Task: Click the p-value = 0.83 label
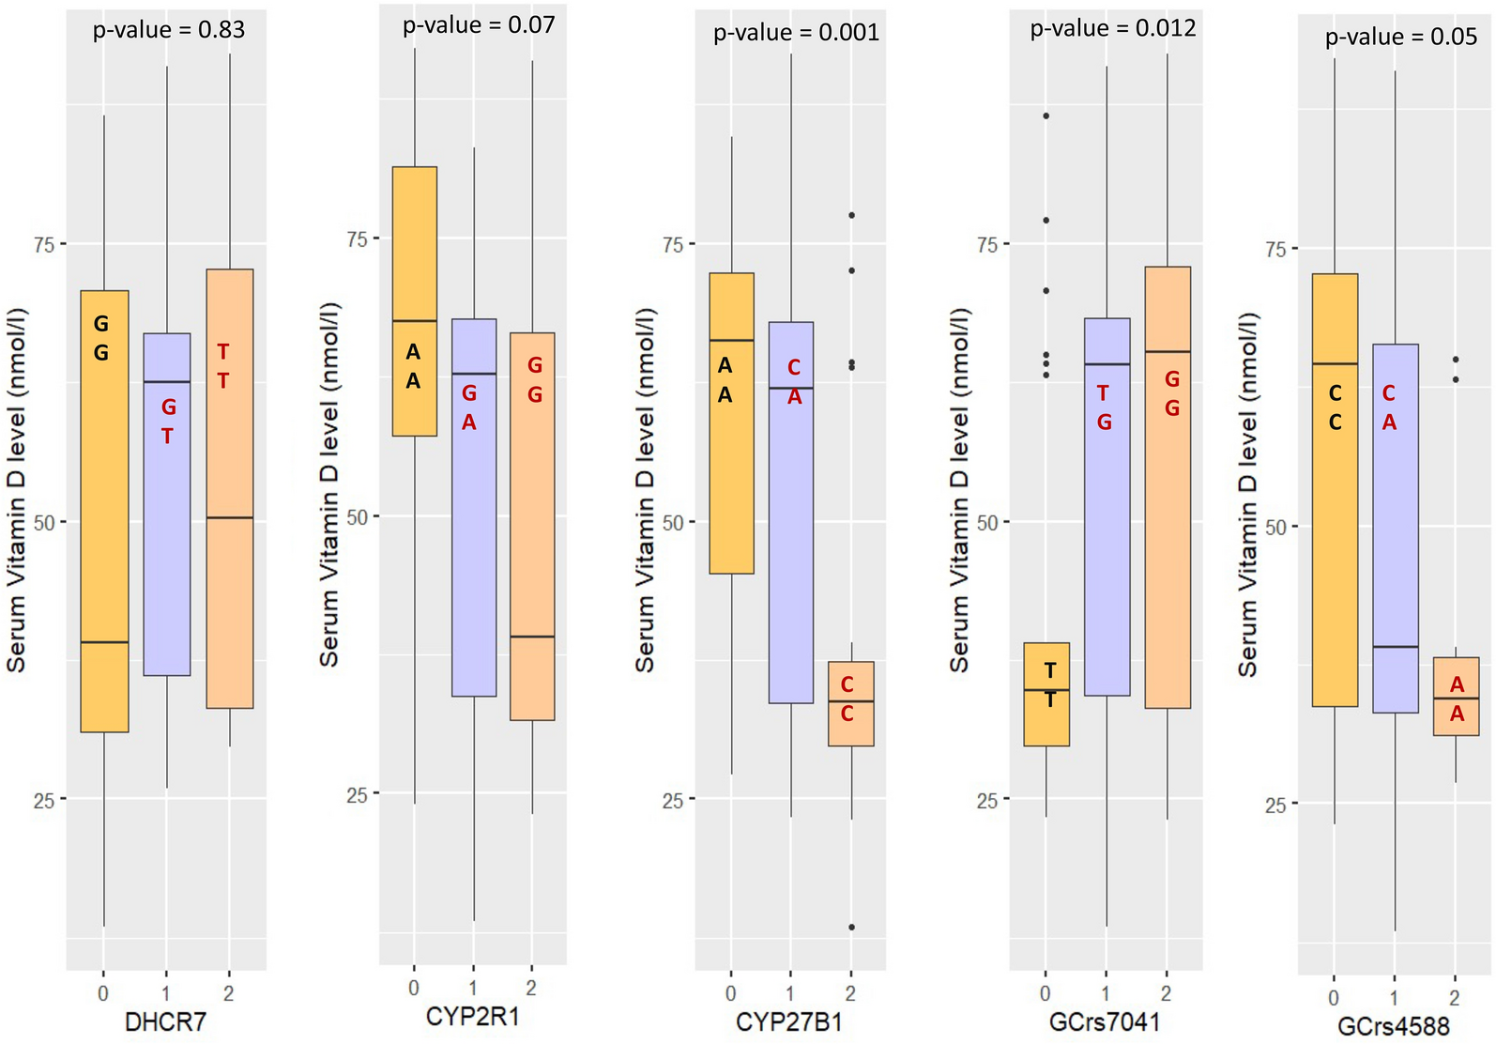(x=169, y=30)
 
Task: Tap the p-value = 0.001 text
(x=796, y=33)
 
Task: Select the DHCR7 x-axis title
(x=165, y=1021)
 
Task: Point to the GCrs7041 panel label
(x=1105, y=1021)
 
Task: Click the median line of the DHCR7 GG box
(x=104, y=642)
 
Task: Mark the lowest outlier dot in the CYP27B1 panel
(x=851, y=927)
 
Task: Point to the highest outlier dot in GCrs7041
(x=1046, y=115)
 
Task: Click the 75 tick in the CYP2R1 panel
(x=357, y=238)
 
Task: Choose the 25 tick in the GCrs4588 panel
(x=1275, y=804)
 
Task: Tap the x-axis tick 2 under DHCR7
(x=229, y=992)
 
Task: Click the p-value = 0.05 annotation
(x=1400, y=38)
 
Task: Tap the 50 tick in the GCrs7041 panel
(x=986, y=523)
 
